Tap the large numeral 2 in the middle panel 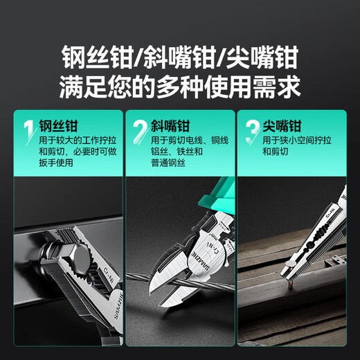(x=140, y=130)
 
